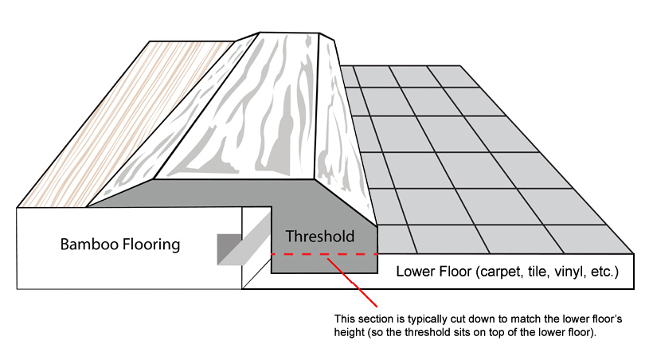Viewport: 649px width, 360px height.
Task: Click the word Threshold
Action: pos(320,237)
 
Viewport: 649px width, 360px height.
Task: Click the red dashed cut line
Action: pos(325,254)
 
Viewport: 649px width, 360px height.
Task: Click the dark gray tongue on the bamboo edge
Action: pos(229,249)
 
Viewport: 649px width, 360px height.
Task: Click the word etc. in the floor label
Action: pos(604,272)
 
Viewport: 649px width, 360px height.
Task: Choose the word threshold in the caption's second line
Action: pos(422,332)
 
